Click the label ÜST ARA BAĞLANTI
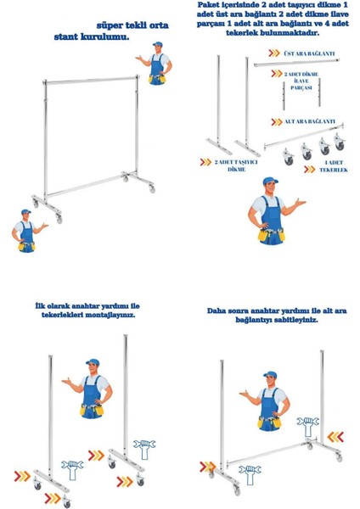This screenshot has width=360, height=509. click(x=309, y=53)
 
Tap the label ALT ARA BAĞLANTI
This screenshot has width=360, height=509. click(x=310, y=121)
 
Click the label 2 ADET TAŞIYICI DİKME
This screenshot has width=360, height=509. click(x=236, y=165)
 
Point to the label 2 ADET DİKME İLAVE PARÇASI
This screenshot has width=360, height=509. click(x=301, y=81)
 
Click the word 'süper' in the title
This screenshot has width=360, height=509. click(x=111, y=25)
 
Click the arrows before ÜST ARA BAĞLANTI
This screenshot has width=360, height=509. click(x=274, y=53)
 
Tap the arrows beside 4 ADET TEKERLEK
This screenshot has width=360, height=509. click(x=310, y=169)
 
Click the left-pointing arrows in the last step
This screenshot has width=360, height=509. click(x=335, y=437)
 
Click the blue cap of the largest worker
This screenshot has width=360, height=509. click(x=270, y=181)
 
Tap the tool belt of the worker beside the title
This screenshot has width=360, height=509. click(x=158, y=79)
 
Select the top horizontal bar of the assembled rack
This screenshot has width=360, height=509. click(x=91, y=80)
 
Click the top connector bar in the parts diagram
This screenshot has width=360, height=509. click(x=296, y=63)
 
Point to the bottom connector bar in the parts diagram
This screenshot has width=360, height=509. click(x=303, y=136)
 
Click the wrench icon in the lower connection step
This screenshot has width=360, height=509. click(x=250, y=474)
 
